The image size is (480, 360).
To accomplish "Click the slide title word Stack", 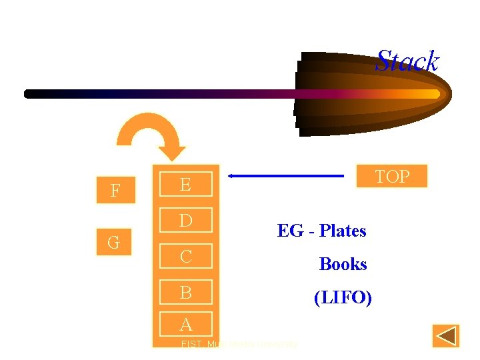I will click(x=407, y=61).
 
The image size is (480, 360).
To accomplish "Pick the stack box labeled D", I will click(x=185, y=220).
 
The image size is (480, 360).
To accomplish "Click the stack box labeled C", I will click(x=185, y=256).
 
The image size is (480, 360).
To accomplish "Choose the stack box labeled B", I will click(x=185, y=292).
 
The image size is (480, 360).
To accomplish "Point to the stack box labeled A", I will click(x=185, y=324).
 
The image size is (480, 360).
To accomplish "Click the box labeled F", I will click(x=115, y=191).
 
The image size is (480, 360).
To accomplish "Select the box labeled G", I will click(x=114, y=243).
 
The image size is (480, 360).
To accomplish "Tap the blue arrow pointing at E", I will click(x=287, y=176).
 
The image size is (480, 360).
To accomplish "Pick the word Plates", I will click(x=343, y=231).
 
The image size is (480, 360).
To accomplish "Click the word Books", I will click(x=343, y=264).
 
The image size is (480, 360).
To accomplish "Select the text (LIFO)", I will click(x=343, y=297).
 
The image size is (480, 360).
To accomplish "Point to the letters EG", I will click(x=290, y=231).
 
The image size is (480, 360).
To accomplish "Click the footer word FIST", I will click(x=191, y=345).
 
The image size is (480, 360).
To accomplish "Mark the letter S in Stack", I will click(x=383, y=61).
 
